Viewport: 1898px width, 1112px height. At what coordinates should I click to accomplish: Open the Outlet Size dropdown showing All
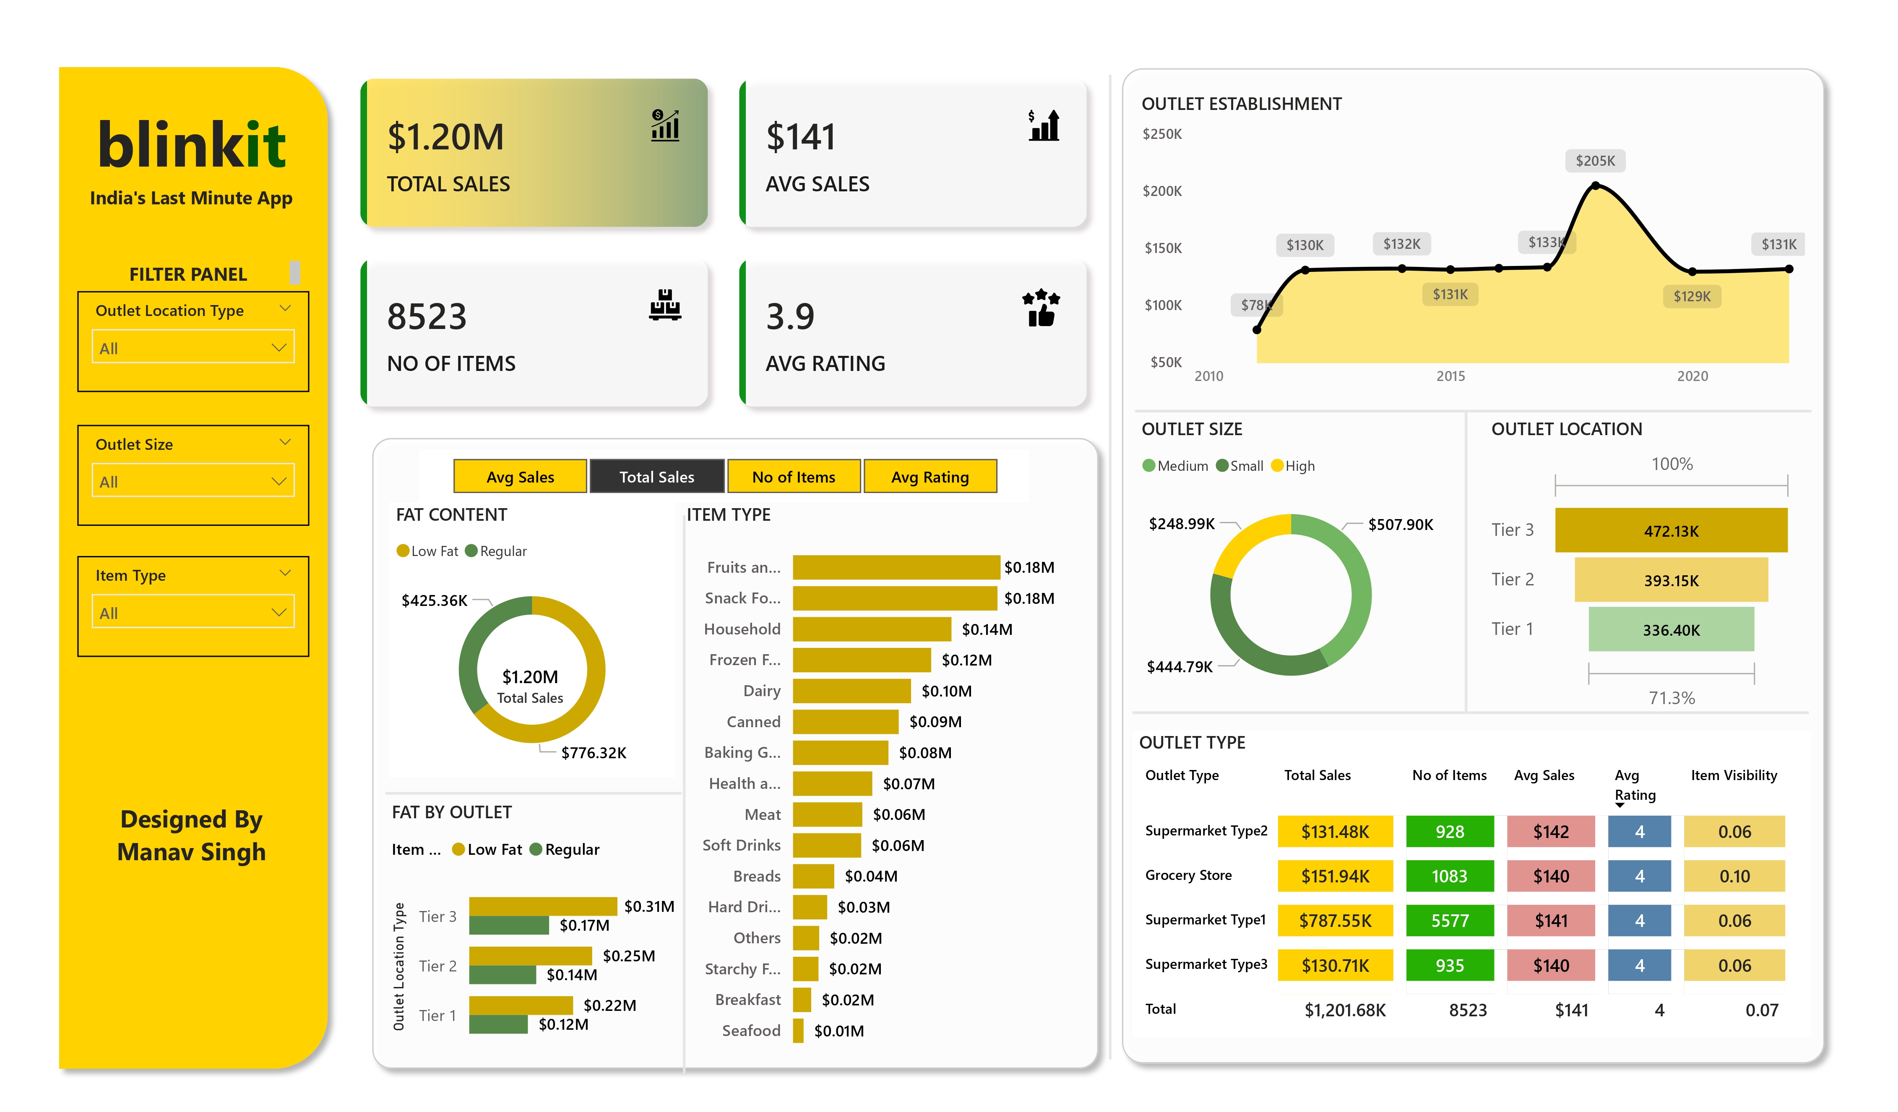[x=193, y=481]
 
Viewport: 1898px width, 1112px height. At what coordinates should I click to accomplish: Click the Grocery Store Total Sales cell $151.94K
[x=1335, y=876]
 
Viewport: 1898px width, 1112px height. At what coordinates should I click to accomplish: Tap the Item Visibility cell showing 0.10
[x=1734, y=876]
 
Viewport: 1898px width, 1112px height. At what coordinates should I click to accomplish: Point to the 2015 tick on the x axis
[x=1450, y=376]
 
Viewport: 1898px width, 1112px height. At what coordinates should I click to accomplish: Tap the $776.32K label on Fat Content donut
[x=594, y=753]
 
